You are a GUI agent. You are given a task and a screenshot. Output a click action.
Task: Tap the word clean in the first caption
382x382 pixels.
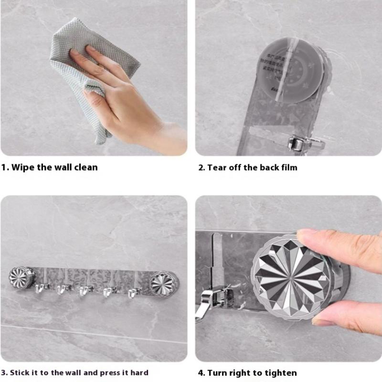84,168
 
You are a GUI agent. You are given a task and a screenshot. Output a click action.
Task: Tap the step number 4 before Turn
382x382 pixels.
201,373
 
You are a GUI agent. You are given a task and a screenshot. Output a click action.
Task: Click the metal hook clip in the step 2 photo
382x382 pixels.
298,142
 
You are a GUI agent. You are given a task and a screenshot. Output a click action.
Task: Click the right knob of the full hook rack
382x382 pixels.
164,283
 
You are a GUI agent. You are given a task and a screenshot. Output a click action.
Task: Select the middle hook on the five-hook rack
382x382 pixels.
85,290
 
